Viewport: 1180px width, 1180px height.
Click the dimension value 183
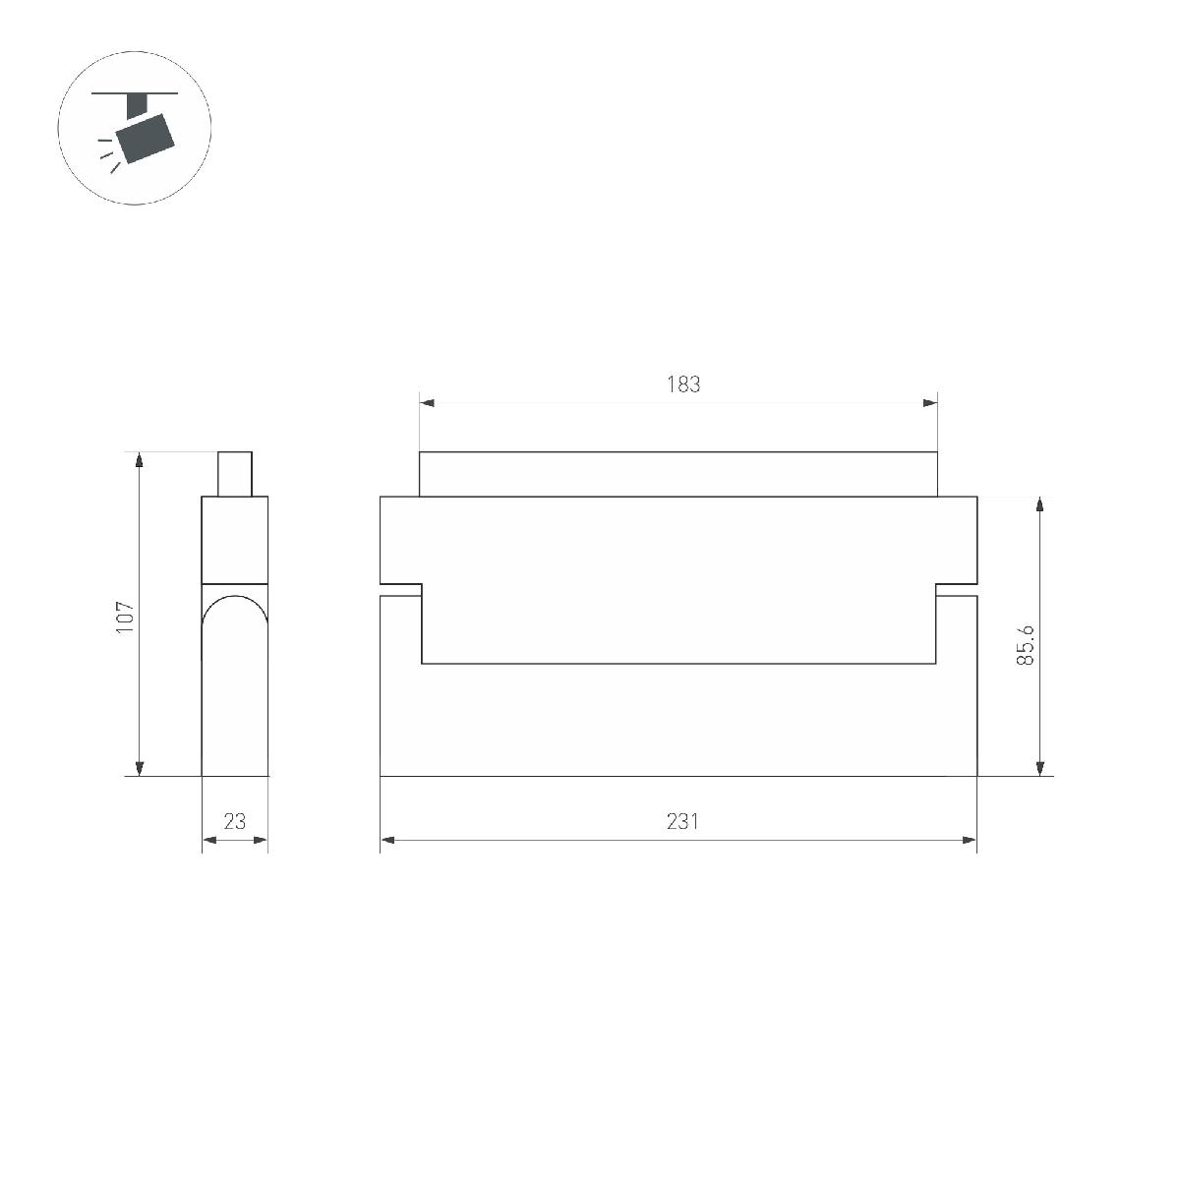683,384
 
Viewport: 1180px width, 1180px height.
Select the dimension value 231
682,821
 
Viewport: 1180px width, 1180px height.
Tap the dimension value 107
124,617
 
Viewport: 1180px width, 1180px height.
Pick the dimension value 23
234,821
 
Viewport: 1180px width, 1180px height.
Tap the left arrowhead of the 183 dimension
427,402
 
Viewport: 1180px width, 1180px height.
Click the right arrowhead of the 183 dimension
930,402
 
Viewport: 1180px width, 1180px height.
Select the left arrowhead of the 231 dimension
387,840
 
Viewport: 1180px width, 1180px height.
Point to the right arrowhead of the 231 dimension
970,840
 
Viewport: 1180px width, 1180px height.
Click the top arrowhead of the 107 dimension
140,460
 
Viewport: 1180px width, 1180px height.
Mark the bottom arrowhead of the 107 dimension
140,768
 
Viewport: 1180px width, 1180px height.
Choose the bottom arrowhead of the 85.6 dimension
1040,768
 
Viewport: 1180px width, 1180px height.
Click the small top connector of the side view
234,474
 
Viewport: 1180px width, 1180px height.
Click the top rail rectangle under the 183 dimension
678,474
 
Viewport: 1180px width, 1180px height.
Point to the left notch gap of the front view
401,590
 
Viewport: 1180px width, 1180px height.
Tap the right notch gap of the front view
956,590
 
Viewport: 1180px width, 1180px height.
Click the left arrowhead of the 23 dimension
208,840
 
